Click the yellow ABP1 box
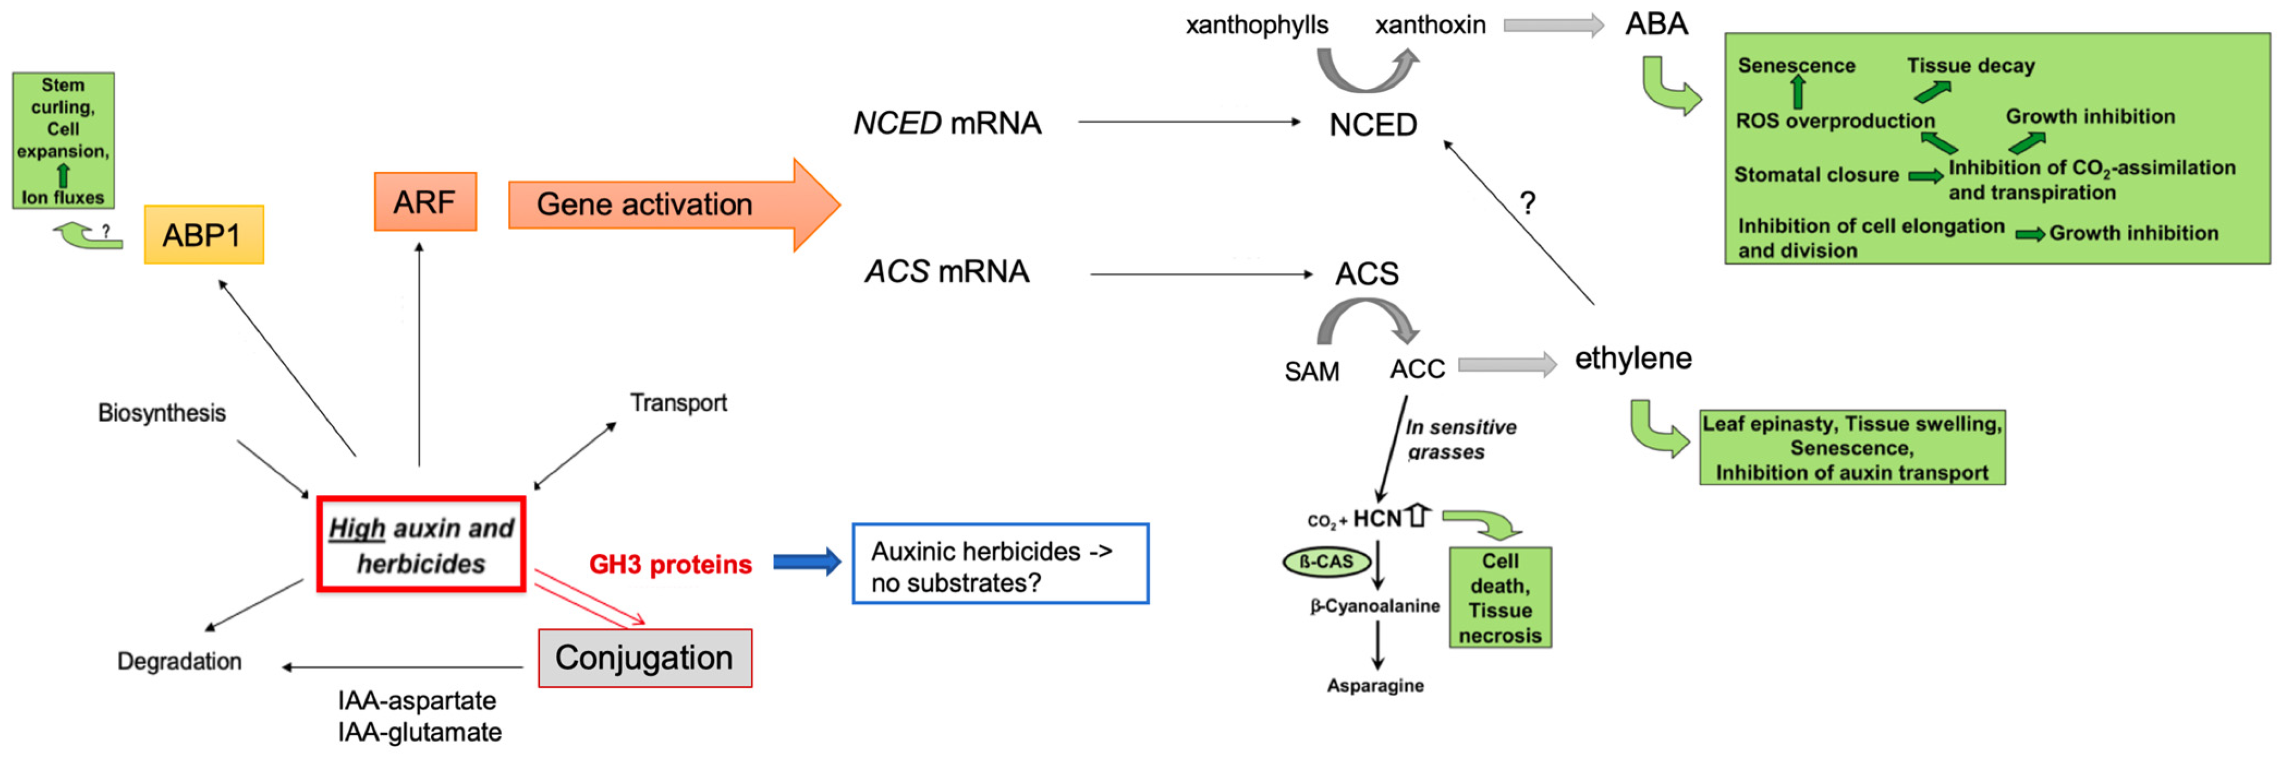click(204, 235)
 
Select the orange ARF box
click(425, 202)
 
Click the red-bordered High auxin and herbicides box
click(421, 544)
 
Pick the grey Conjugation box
click(645, 658)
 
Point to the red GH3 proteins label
click(670, 565)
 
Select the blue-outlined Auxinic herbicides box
click(1000, 565)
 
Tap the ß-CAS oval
click(1326, 562)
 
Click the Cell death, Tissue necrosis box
click(1500, 598)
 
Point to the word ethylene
click(1633, 358)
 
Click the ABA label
click(1656, 24)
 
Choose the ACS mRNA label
click(947, 271)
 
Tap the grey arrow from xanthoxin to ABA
click(1553, 25)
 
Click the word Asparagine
click(1375, 685)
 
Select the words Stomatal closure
click(1816, 174)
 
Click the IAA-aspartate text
click(416, 700)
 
